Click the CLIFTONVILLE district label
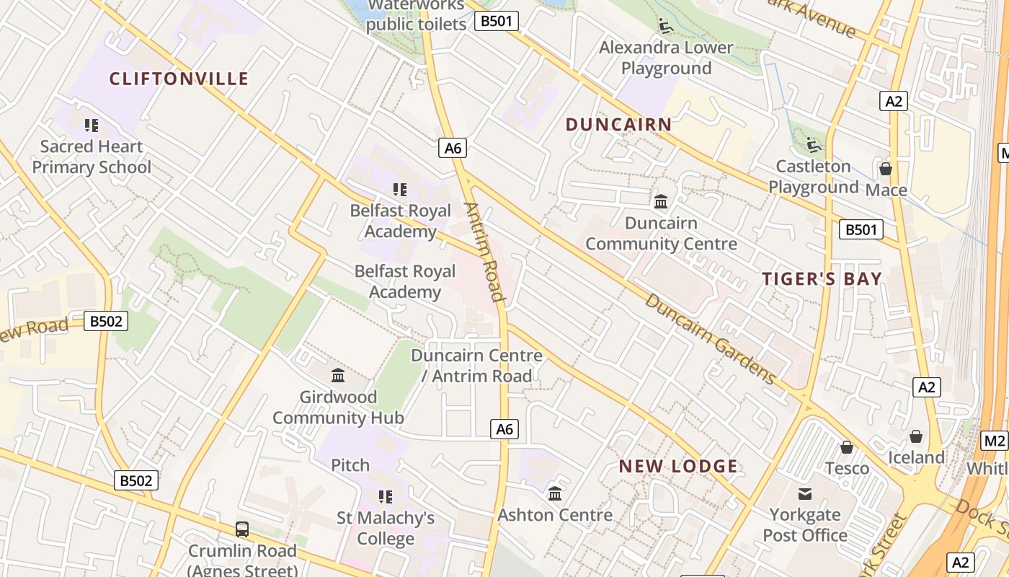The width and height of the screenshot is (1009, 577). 179,79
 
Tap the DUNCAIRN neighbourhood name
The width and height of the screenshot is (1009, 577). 618,124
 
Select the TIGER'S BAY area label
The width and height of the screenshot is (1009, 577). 822,279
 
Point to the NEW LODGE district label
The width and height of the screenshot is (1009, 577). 678,466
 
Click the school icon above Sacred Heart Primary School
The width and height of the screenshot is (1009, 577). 91,125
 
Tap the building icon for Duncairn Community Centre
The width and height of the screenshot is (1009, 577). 660,201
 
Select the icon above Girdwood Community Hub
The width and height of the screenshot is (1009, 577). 337,375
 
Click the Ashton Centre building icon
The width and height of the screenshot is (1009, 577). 554,494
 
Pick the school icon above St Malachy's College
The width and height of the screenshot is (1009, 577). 386,497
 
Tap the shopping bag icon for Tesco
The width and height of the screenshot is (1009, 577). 847,447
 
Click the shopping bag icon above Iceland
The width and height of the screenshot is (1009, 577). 915,436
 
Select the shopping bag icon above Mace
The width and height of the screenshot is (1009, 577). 885,169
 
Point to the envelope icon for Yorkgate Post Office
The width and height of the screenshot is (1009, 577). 804,494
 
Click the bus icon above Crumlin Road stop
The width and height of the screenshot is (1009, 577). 242,529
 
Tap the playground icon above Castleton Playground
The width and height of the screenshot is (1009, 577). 814,145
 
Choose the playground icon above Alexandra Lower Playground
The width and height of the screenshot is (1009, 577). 666,26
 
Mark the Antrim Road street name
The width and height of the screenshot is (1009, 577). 484,251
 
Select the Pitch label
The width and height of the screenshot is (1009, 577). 350,465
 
